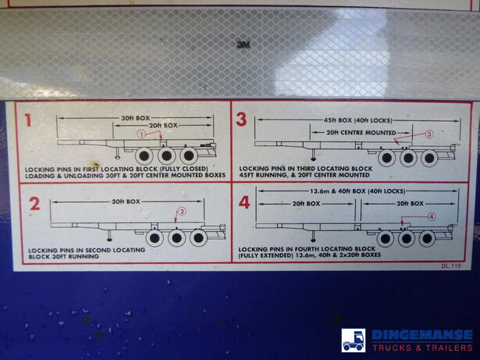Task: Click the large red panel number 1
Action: pyautogui.click(x=28, y=120)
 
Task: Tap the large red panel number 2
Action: pyautogui.click(x=34, y=204)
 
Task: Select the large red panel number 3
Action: pyautogui.click(x=241, y=119)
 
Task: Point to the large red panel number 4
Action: pyautogui.click(x=244, y=202)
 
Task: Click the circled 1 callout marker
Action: pyautogui.click(x=141, y=134)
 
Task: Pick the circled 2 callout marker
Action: pyautogui.click(x=182, y=212)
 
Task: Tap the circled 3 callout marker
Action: pyautogui.click(x=429, y=134)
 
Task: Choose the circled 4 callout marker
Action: pyautogui.click(x=432, y=217)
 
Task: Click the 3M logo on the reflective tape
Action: pyautogui.click(x=243, y=45)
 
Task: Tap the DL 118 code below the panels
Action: pyautogui.click(x=451, y=266)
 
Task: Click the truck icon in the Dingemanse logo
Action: pyautogui.click(x=354, y=340)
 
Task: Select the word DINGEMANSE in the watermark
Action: pyautogui.click(x=422, y=335)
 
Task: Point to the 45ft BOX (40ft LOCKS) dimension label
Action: pyautogui.click(x=358, y=120)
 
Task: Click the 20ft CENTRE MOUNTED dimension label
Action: pyautogui.click(x=361, y=133)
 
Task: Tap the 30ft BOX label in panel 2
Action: pyautogui.click(x=126, y=201)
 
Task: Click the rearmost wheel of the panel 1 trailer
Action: pyautogui.click(x=189, y=155)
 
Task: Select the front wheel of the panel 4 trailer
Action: pyautogui.click(x=386, y=238)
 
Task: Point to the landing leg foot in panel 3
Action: pyautogui.click(x=313, y=159)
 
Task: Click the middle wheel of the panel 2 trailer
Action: pyautogui.click(x=176, y=237)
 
